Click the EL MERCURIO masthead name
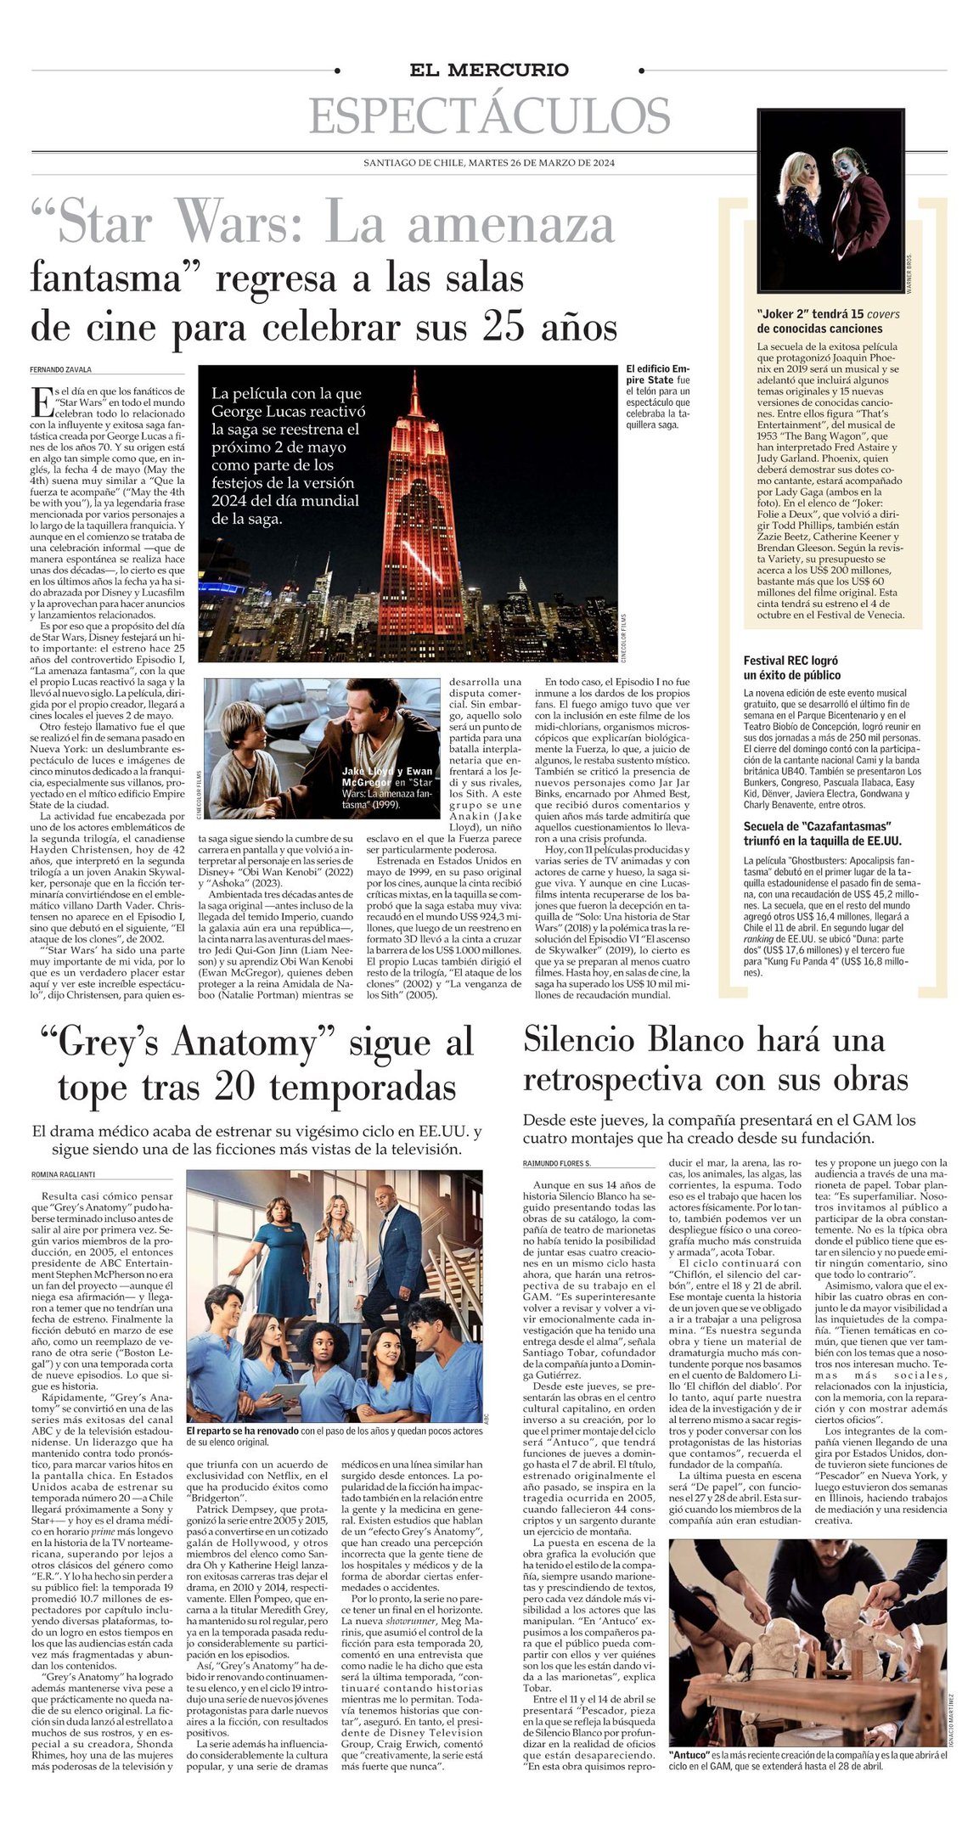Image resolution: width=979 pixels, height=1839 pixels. tap(489, 70)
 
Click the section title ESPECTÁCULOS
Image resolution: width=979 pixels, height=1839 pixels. tap(489, 116)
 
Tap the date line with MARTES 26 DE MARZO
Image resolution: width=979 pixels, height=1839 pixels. tap(489, 163)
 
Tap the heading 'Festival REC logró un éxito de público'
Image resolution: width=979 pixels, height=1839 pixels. tap(791, 667)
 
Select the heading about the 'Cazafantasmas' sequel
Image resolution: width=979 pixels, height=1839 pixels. tap(810, 833)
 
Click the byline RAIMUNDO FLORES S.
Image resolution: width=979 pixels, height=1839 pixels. tap(557, 1162)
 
